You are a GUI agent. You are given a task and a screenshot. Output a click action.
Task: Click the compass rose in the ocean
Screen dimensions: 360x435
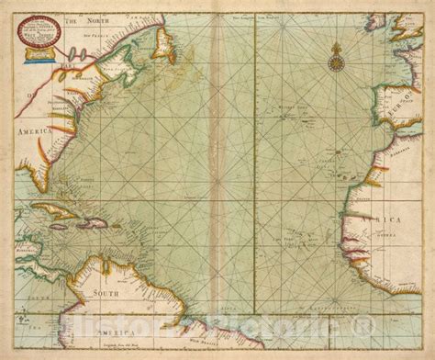336,62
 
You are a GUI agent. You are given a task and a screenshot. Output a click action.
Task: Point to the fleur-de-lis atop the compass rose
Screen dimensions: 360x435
336,46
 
